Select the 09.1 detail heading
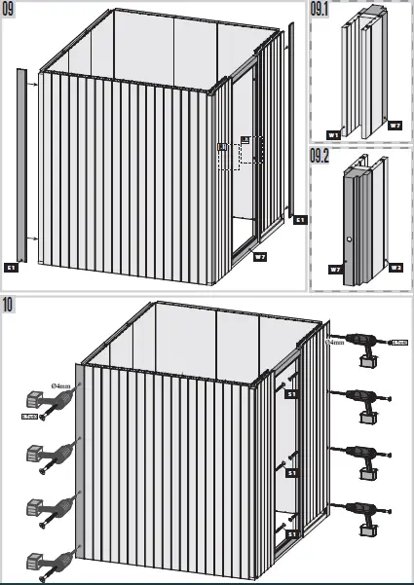(320, 10)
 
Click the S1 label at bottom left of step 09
(12, 266)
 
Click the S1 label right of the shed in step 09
(300, 220)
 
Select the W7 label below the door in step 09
(259, 257)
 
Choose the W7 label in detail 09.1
(395, 127)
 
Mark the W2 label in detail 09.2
(395, 268)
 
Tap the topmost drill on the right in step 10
(363, 345)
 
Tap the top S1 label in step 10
(290, 394)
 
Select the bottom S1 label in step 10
(290, 534)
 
